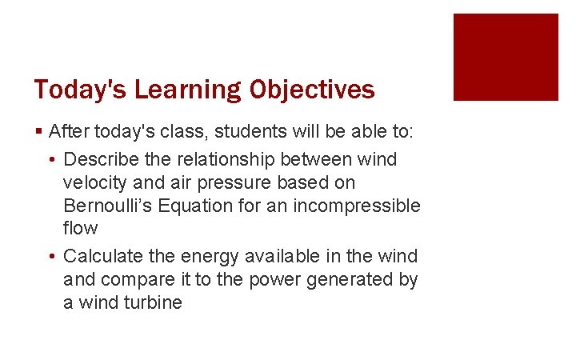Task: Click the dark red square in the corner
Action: click(x=506, y=57)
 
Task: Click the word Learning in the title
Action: click(x=187, y=90)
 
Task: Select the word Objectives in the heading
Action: click(x=312, y=90)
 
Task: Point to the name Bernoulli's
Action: click(x=108, y=206)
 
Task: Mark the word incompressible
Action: click(x=356, y=206)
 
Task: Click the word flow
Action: click(x=80, y=229)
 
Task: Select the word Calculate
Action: click(x=102, y=257)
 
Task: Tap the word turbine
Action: click(x=154, y=303)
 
